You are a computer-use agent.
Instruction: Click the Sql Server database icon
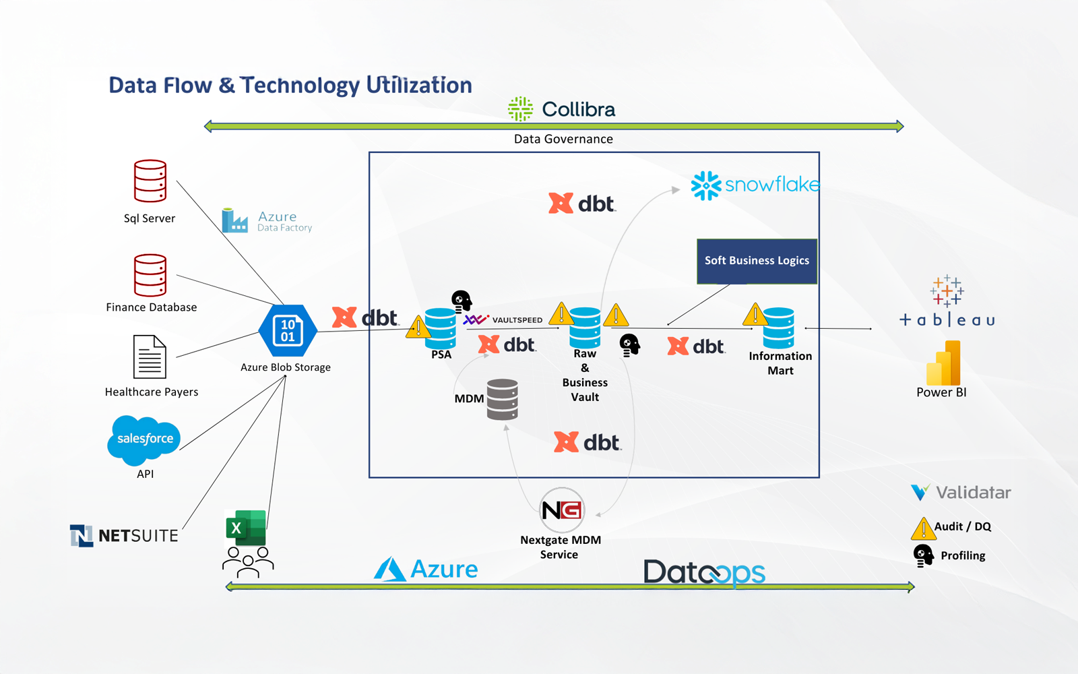click(x=150, y=181)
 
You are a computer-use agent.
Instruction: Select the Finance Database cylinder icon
click(x=150, y=275)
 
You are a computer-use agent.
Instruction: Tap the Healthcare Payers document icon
click(x=150, y=357)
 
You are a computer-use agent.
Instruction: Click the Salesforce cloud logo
click(x=144, y=439)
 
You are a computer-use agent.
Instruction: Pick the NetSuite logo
click(x=125, y=536)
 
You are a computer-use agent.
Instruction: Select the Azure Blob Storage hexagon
click(x=288, y=331)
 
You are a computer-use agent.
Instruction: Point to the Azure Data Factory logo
click(x=267, y=220)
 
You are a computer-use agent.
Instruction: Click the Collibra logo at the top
click(x=561, y=109)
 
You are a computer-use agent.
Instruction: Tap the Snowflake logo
click(x=755, y=185)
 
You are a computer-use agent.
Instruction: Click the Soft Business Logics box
click(x=757, y=261)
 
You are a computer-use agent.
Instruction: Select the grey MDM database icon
click(x=503, y=400)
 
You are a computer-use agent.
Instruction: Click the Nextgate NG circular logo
click(x=562, y=510)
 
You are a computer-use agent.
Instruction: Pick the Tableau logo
click(x=947, y=301)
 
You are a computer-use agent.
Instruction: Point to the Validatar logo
click(x=961, y=493)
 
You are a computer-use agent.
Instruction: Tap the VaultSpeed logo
click(x=503, y=319)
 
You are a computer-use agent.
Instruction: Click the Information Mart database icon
click(x=779, y=328)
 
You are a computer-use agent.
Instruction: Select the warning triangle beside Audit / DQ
click(x=922, y=528)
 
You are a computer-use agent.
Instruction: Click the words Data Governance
click(x=563, y=140)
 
